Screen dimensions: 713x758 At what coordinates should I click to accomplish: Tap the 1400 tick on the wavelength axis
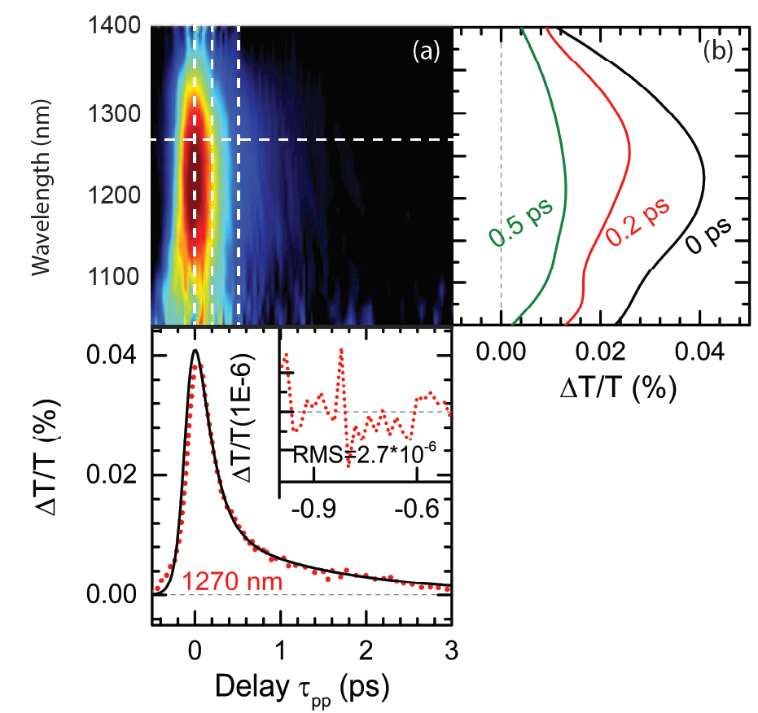[x=115, y=27]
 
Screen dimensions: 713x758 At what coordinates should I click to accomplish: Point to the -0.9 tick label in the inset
[x=313, y=509]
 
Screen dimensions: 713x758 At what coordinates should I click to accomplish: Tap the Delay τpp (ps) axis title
[x=300, y=687]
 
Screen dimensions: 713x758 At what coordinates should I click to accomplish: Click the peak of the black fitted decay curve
[x=195, y=351]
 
